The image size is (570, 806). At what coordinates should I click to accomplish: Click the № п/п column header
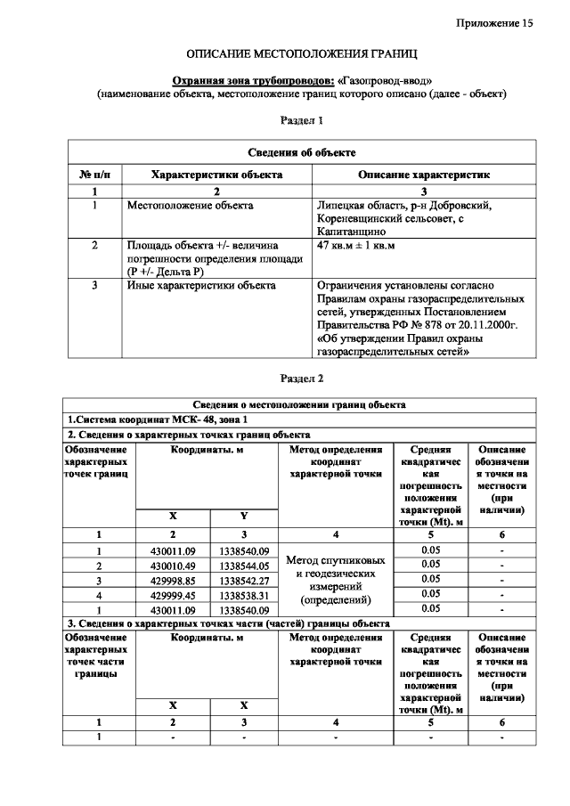(x=94, y=175)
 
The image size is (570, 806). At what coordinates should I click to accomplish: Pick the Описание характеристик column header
(x=424, y=175)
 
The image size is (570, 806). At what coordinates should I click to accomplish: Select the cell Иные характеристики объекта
(x=201, y=286)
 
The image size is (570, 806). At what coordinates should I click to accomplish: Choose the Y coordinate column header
(x=244, y=517)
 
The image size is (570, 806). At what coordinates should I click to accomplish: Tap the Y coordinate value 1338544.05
(x=244, y=565)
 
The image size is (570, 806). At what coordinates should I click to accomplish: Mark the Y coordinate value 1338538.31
(x=244, y=594)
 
